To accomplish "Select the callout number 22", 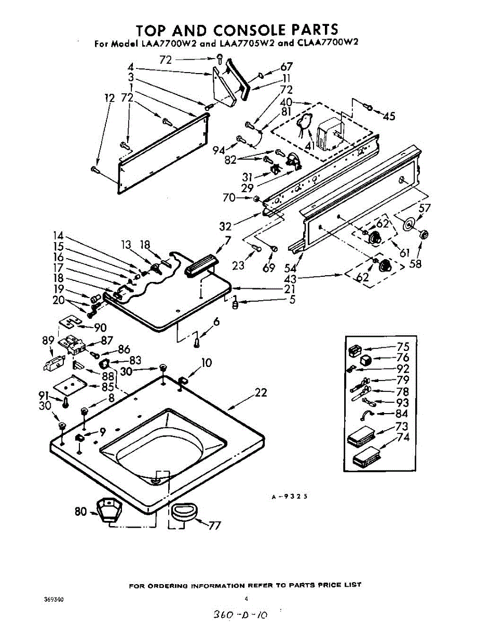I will click(261, 393).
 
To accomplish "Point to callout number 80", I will click(80, 512).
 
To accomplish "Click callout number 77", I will click(214, 526).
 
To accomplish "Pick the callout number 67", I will click(286, 67).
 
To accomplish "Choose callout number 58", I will click(415, 263).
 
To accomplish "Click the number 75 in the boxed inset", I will click(403, 347).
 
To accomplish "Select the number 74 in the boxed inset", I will click(403, 437).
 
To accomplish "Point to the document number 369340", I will click(54, 600).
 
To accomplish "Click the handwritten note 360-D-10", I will click(240, 615).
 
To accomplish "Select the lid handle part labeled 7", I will click(199, 266).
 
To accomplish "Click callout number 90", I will click(100, 328).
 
